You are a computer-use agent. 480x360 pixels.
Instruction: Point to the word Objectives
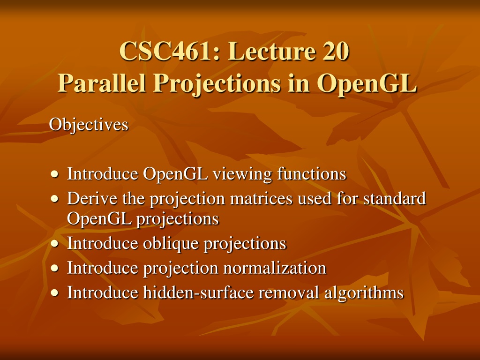click(x=89, y=125)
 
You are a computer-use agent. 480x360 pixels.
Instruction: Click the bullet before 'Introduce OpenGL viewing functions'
click(x=54, y=174)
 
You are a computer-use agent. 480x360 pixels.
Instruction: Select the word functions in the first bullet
click(x=312, y=173)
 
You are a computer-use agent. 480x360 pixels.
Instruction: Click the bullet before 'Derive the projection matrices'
click(x=54, y=199)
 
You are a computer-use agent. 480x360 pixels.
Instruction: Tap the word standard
click(x=395, y=198)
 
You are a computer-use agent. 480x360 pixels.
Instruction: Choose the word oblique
click(x=171, y=244)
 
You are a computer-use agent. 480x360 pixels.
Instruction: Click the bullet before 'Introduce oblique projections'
click(x=54, y=244)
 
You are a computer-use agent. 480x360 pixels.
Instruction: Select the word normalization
click(x=275, y=268)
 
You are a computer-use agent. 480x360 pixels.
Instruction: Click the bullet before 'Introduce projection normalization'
click(x=54, y=268)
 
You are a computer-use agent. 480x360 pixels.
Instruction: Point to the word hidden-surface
click(x=198, y=292)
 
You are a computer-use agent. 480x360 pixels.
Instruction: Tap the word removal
click(x=289, y=292)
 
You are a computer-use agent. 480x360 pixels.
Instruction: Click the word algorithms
click(x=364, y=292)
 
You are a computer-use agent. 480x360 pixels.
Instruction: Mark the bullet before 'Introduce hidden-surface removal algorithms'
click(x=54, y=292)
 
